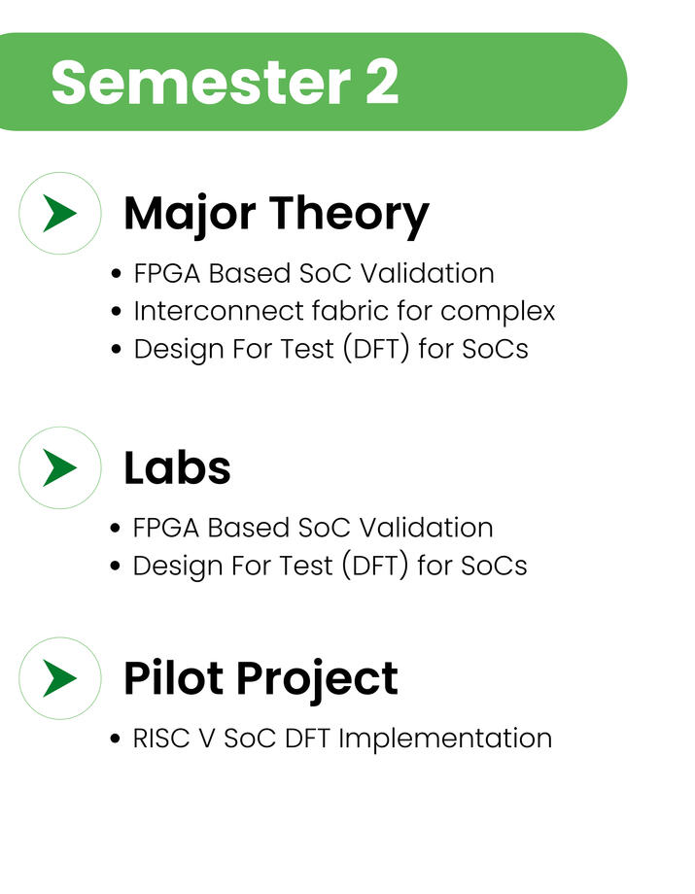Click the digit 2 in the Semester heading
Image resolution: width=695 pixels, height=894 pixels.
pyautogui.click(x=381, y=82)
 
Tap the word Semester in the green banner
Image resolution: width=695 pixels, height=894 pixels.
pyautogui.click(x=200, y=82)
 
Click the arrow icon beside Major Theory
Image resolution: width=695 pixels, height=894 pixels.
pyautogui.click(x=60, y=213)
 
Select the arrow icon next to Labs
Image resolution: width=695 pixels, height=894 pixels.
pyautogui.click(x=60, y=467)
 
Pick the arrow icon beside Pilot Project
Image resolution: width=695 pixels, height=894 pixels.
pyautogui.click(x=60, y=678)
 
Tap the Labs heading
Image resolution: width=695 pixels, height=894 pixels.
pyautogui.click(x=177, y=467)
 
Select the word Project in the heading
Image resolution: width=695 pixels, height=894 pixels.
pyautogui.click(x=318, y=679)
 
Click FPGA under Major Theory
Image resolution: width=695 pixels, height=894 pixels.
pyautogui.click(x=167, y=274)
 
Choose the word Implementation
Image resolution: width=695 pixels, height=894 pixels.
pyautogui.click(x=445, y=739)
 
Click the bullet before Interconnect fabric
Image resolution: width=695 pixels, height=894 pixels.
pyautogui.click(x=117, y=312)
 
